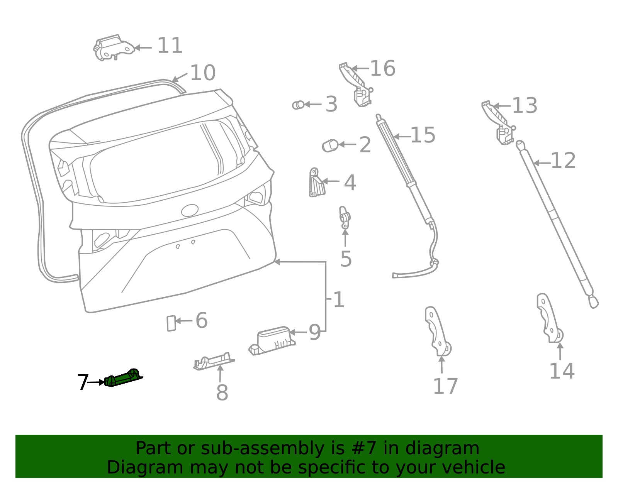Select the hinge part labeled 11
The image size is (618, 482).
(x=113, y=48)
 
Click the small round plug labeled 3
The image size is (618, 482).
(x=298, y=105)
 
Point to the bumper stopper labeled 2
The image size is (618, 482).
(x=330, y=145)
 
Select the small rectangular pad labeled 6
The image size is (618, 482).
(x=171, y=323)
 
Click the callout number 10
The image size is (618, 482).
(x=203, y=73)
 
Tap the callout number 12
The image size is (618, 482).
(x=563, y=161)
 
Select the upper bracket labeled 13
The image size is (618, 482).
(x=499, y=123)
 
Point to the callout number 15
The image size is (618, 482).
(x=423, y=135)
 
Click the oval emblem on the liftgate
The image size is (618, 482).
(x=190, y=210)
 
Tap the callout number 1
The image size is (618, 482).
(x=338, y=299)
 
